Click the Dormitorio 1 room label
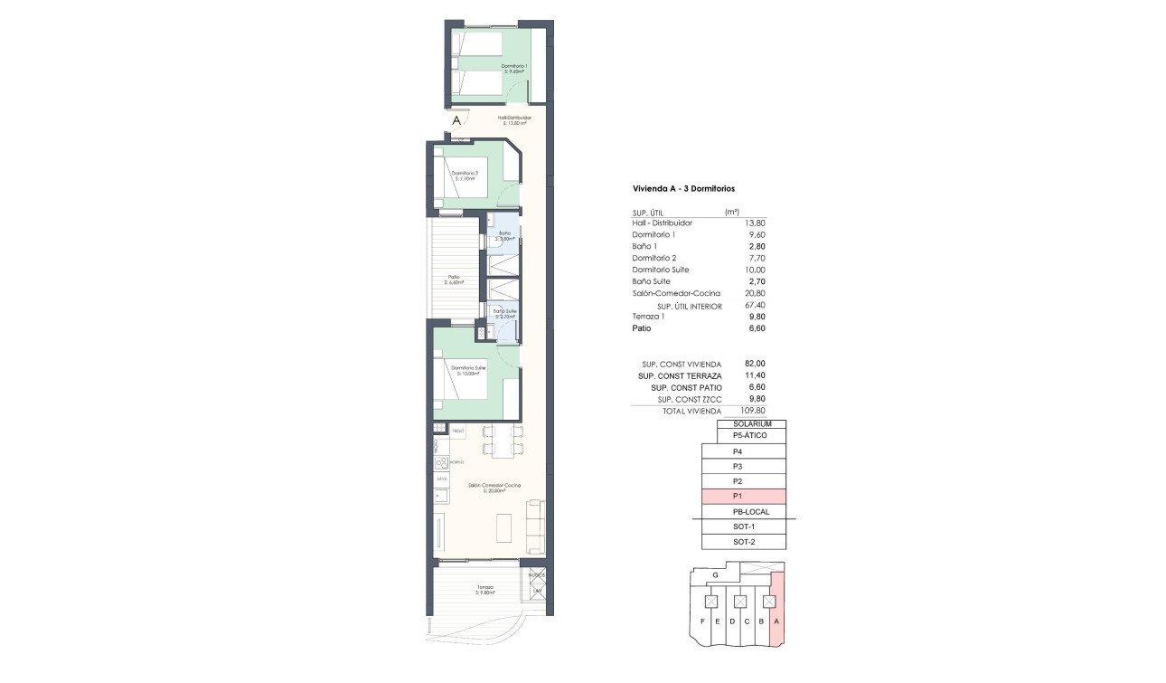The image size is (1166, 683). click(515, 68)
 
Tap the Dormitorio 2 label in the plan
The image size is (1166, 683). click(464, 175)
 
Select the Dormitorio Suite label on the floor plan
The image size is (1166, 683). click(468, 370)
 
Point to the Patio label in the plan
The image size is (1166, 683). click(454, 280)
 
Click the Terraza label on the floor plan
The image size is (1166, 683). click(485, 590)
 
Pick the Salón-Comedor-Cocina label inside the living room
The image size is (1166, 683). click(489, 488)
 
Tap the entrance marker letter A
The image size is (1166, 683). click(457, 119)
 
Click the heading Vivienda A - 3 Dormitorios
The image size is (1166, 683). click(683, 189)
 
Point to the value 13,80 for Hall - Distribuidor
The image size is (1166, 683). click(753, 223)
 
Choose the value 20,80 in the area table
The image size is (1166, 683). click(753, 293)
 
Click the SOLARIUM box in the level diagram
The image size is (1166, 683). click(750, 423)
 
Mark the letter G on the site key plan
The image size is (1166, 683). click(715, 574)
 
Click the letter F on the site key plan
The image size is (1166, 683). click(702, 621)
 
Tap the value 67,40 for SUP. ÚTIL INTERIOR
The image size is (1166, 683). click(753, 306)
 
